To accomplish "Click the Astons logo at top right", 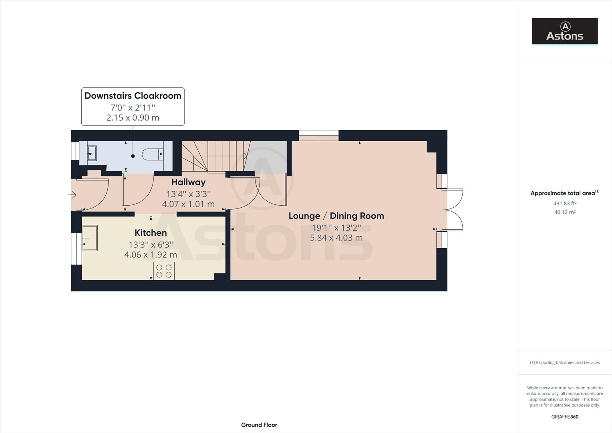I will [564, 31].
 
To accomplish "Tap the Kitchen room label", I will [151, 233].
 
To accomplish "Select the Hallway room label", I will [188, 182].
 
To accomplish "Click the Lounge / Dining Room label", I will [336, 216].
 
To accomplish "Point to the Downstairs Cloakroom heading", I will [133, 96].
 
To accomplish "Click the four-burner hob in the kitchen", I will [164, 271].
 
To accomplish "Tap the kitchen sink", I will [90, 238].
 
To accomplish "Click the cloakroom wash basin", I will [92, 153].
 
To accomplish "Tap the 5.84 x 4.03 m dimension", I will [336, 238].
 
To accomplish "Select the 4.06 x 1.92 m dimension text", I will [151, 255].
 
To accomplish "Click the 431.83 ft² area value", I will [565, 204].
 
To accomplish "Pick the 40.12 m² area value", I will [565, 212].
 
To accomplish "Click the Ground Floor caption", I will [259, 425].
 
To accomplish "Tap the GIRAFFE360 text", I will [565, 417].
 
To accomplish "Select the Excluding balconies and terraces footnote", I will [565, 362].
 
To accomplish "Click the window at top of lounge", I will [319, 136].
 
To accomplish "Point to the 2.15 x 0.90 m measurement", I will [133, 118].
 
